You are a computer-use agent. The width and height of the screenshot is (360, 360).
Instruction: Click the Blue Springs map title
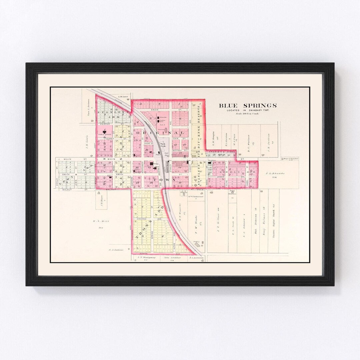[x=248, y=106]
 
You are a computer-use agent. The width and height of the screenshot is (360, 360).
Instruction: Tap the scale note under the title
[x=248, y=114]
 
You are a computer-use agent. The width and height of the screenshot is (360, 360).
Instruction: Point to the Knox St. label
[x=155, y=109]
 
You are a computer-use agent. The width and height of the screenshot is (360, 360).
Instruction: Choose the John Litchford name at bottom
[x=172, y=257]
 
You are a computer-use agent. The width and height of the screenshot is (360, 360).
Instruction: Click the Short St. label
[x=148, y=143]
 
